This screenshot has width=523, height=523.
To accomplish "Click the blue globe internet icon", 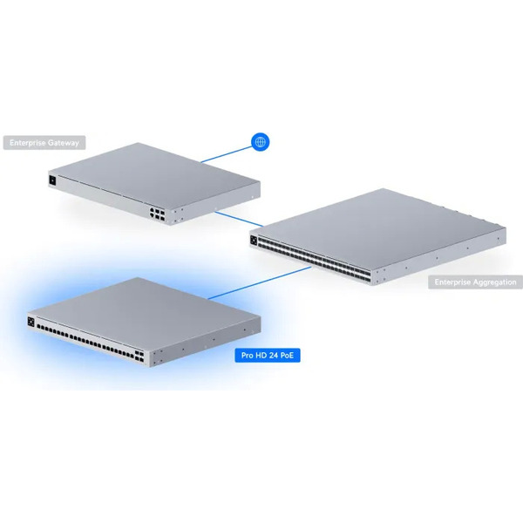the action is click(260, 142).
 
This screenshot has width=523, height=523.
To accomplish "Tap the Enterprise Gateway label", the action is click(44, 143).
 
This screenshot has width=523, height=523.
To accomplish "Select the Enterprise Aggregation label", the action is click(475, 282).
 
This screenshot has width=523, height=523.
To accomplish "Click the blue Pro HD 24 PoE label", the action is click(268, 356).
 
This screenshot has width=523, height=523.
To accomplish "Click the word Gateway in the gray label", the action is click(63, 143).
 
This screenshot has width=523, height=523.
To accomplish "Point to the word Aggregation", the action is click(495, 282).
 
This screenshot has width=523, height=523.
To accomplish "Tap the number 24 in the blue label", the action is click(273, 356).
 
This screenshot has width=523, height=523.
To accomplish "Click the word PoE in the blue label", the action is click(287, 356).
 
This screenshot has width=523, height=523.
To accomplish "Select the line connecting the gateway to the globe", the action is click(227, 154).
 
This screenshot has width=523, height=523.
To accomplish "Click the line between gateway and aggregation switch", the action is click(239, 219).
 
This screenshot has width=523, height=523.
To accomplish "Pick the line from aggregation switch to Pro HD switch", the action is click(260, 282).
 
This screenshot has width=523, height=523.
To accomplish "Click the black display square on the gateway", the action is click(52, 180).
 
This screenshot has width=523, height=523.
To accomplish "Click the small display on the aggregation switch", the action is click(254, 241).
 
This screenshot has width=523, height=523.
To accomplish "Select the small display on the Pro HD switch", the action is click(31, 322).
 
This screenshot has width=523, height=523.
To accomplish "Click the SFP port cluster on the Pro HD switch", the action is click(139, 357).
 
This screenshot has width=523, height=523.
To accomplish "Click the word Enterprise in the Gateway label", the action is click(28, 143).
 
